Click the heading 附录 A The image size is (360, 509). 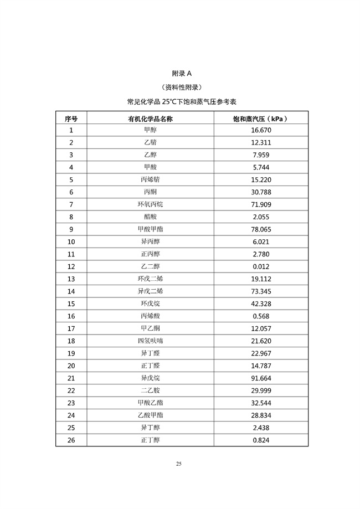coord(182,73)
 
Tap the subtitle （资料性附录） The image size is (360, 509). coord(182,88)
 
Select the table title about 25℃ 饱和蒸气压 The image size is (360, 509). coord(182,102)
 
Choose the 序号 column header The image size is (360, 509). coord(71,119)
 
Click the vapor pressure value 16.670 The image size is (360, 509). coord(261,131)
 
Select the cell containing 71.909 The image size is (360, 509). coord(261,204)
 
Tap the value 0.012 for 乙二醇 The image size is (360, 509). coord(261,266)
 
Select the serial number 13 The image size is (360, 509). coord(71,279)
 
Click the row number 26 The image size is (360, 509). coord(71,440)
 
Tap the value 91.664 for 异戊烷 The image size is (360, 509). coord(261,378)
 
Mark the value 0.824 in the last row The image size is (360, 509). coord(261,440)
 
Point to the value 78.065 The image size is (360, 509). coord(261,229)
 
